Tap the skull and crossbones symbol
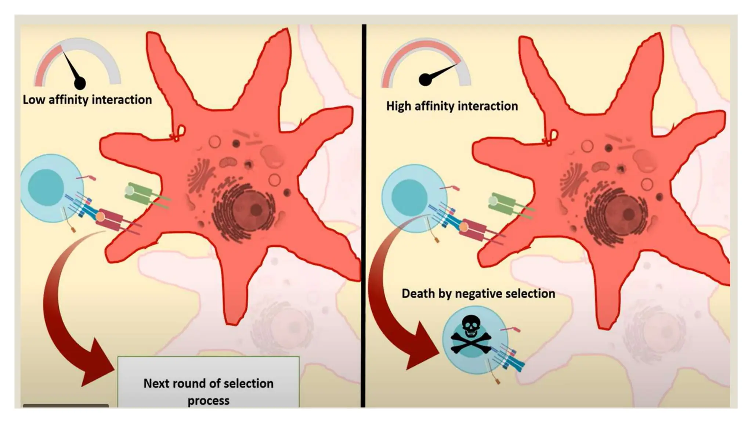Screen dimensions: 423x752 coord(471,335)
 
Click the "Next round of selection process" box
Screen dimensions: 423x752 coord(208,382)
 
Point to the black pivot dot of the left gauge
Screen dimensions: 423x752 coord(80,83)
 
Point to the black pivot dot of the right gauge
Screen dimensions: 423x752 coord(425,80)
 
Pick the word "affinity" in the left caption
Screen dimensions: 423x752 coord(69,100)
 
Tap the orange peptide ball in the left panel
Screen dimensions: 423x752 coord(100,217)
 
